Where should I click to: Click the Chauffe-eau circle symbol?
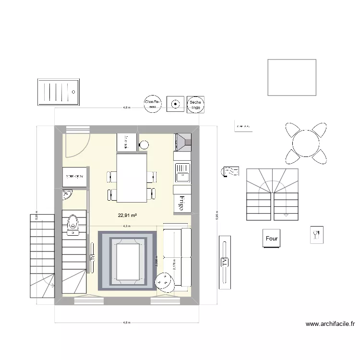[153, 103]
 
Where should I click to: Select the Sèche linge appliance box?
[195, 103]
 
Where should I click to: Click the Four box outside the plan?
[272, 238]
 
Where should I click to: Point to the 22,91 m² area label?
[127, 216]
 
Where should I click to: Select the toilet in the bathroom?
[73, 224]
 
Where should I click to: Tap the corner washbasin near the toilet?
[67, 194]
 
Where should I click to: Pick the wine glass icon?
[316, 234]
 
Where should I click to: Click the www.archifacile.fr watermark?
[330, 324]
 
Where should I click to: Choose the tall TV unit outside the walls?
[224, 262]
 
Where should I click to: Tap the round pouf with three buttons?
[165, 282]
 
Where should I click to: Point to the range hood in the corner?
[182, 141]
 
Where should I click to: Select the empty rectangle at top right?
[291, 77]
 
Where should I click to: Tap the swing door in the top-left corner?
[77, 143]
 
